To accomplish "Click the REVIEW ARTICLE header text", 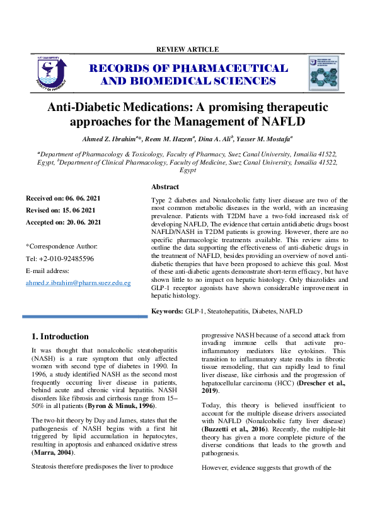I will (x=187, y=49).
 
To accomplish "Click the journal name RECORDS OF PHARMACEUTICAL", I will (x=188, y=68).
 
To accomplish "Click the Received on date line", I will (x=62, y=199).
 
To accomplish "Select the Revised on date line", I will (x=61, y=211).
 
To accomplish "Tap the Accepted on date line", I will (x=63, y=223).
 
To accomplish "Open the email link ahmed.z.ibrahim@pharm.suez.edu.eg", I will (x=78, y=283).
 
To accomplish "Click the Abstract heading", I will (x=165, y=187).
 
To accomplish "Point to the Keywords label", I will (x=167, y=312).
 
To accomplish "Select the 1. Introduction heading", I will (x=60, y=337).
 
